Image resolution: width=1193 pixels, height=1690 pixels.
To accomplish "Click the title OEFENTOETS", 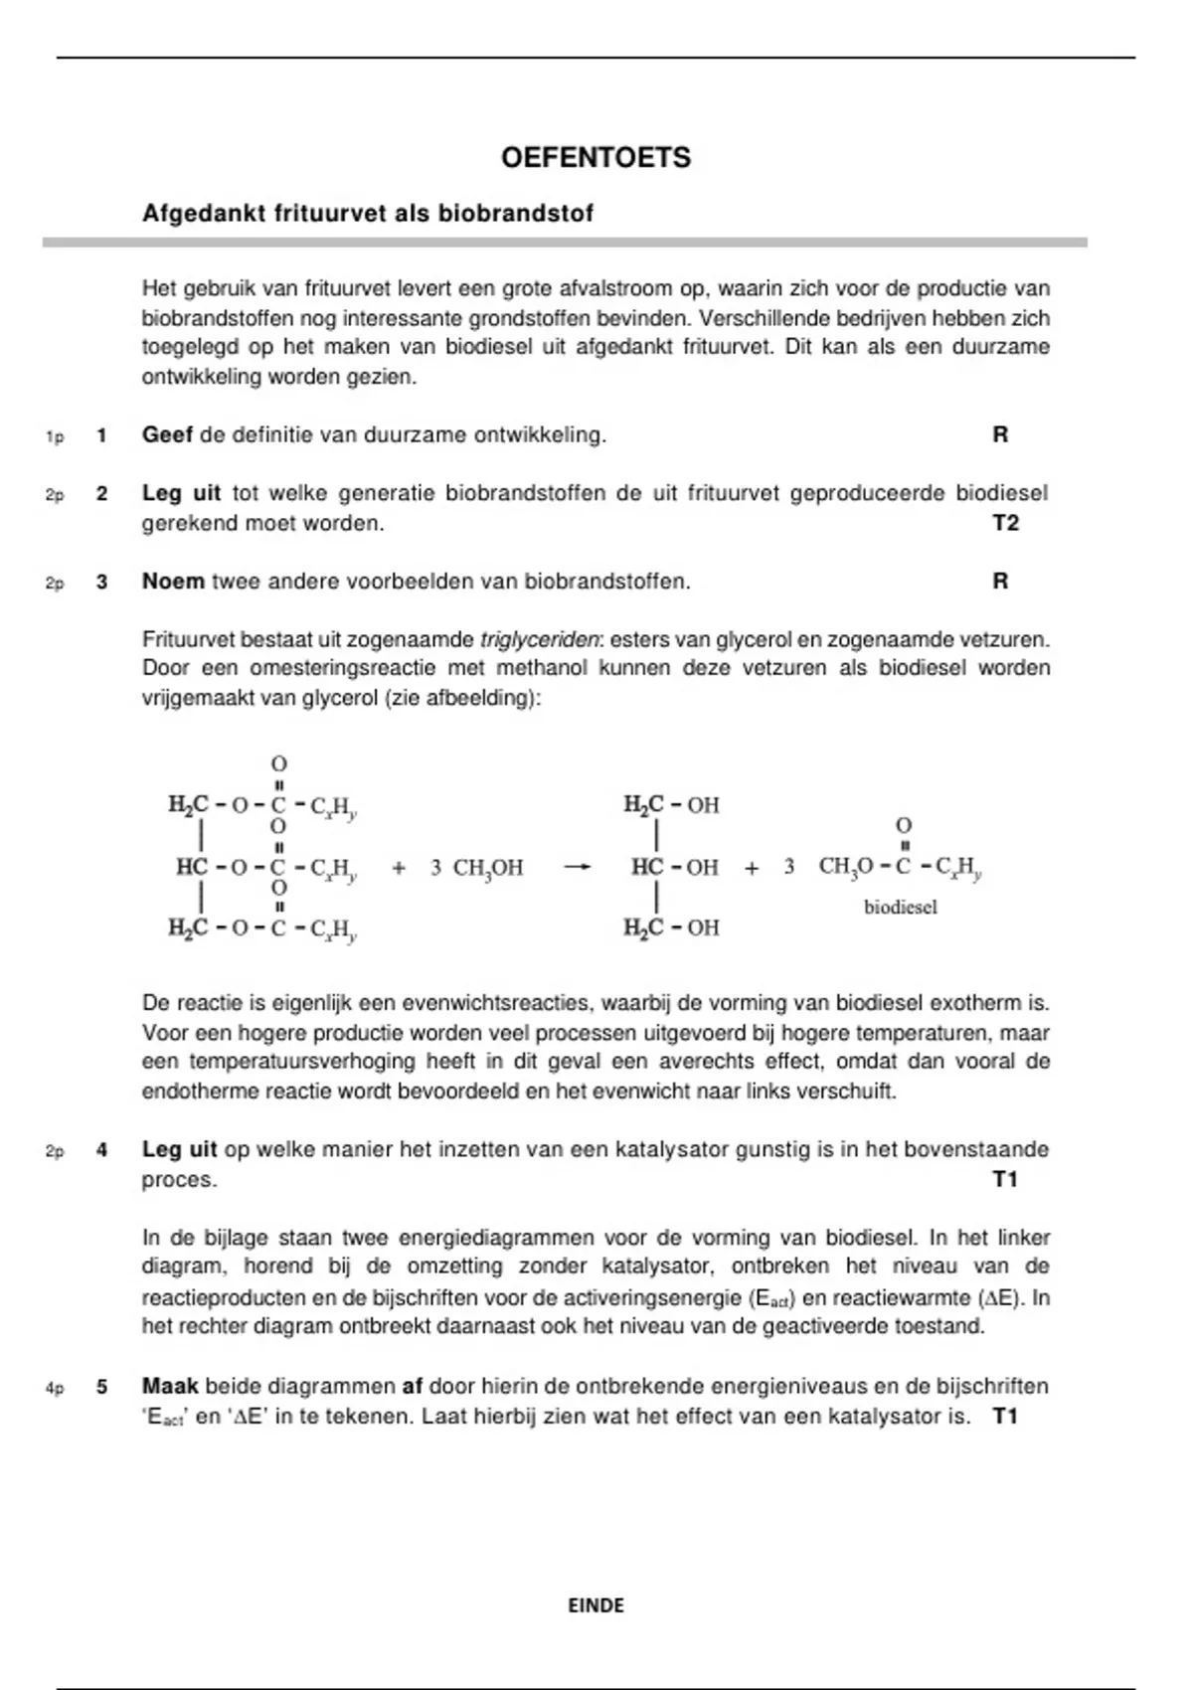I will pos(596,158).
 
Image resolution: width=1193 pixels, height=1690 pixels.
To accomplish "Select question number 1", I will pos(101,435).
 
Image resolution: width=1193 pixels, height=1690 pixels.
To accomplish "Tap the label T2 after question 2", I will pos(1005,524).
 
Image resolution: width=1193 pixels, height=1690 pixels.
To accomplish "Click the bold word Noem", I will pos(173,582).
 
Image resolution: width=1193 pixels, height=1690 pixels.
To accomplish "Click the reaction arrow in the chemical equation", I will pos(577,868).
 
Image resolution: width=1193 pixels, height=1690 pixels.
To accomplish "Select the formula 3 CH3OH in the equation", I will pos(476,868).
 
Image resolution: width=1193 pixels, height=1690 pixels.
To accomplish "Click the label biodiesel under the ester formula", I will pos(900,907).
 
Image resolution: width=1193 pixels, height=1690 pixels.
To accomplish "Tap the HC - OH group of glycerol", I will pos(674,868).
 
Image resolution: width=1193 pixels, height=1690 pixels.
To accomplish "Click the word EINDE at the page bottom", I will pos(596,1605).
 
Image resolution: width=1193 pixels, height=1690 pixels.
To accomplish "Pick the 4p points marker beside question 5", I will pos(55,1388).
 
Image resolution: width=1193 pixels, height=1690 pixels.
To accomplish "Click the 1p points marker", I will pos(55,436).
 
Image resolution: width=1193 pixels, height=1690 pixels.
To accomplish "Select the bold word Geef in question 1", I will pos(167,435).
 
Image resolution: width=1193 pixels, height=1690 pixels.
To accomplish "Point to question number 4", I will pos(101,1150).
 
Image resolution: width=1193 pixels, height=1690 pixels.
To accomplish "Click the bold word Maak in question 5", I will pos(170,1387).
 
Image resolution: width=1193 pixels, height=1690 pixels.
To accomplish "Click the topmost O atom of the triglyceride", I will pos(279,764).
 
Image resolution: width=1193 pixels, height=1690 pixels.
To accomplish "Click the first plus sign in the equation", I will pos(399,868).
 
